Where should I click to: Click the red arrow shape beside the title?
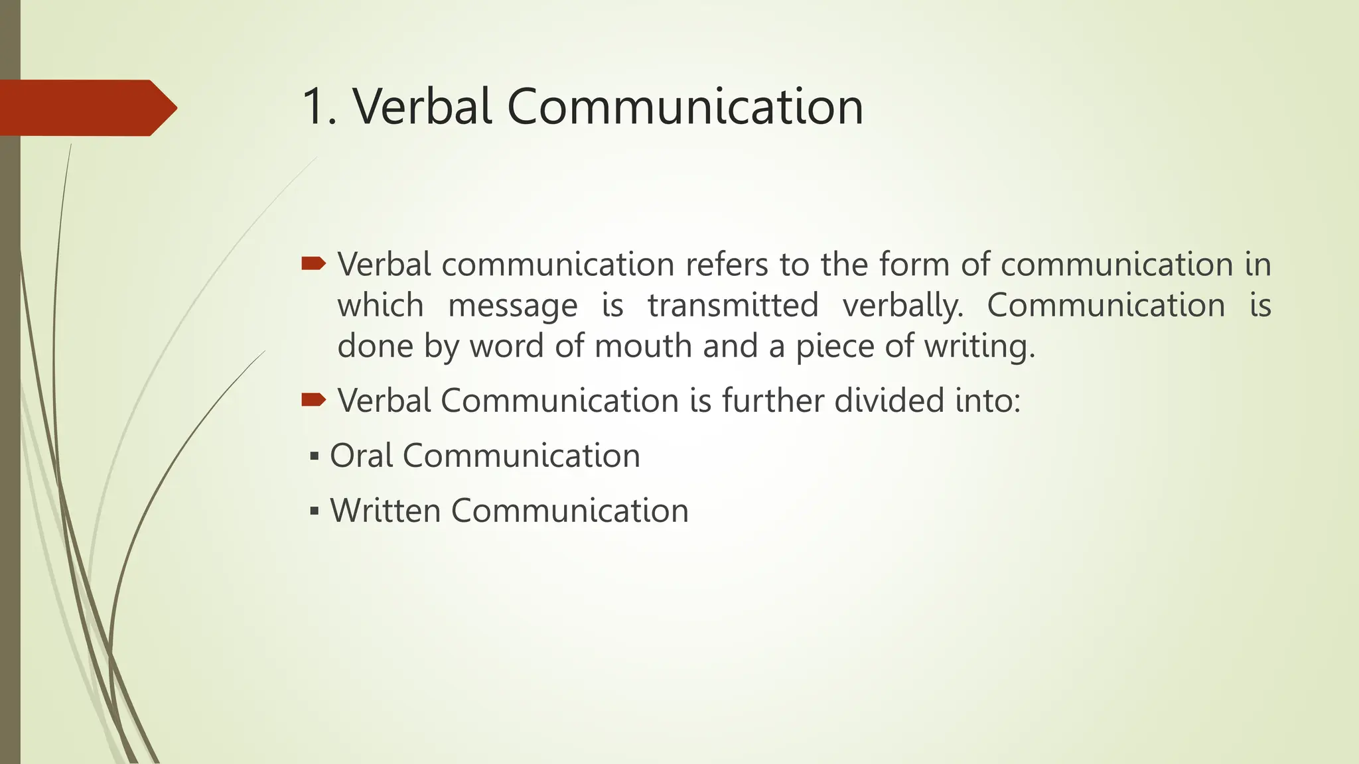pyautogui.click(x=86, y=108)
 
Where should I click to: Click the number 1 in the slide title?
pyautogui.click(x=315, y=107)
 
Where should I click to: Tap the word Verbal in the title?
pyautogui.click(x=422, y=107)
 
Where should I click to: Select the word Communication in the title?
pyautogui.click(x=685, y=107)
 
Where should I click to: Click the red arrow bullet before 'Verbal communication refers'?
pyautogui.click(x=313, y=265)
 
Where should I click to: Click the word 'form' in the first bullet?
pyautogui.click(x=914, y=265)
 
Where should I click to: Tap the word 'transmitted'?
pyautogui.click(x=733, y=305)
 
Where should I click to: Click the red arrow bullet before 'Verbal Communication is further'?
pyautogui.click(x=313, y=400)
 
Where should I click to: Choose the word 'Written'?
pyautogui.click(x=386, y=511)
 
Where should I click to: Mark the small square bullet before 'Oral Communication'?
pyautogui.click(x=314, y=456)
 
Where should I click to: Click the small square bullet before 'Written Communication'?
pyautogui.click(x=314, y=511)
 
